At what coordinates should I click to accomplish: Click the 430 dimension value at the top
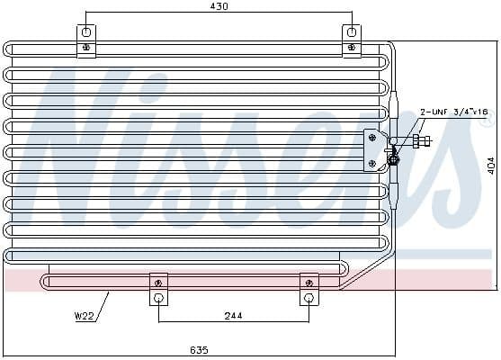click(219, 6)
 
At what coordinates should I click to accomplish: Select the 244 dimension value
click(233, 317)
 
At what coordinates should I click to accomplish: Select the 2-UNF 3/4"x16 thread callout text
click(453, 112)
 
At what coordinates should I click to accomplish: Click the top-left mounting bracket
click(86, 40)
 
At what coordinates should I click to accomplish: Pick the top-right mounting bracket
click(352, 40)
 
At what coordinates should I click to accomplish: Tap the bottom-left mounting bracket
click(158, 289)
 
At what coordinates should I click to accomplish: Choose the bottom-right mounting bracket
click(309, 289)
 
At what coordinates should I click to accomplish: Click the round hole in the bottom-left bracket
click(158, 299)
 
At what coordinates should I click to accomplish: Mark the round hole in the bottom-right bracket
click(309, 299)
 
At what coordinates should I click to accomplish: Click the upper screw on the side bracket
click(372, 138)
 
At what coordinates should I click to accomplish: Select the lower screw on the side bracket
click(372, 163)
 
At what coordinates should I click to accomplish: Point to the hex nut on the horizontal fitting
click(419, 140)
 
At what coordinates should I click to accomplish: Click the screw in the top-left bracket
click(86, 47)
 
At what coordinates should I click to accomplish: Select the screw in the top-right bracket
click(352, 47)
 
